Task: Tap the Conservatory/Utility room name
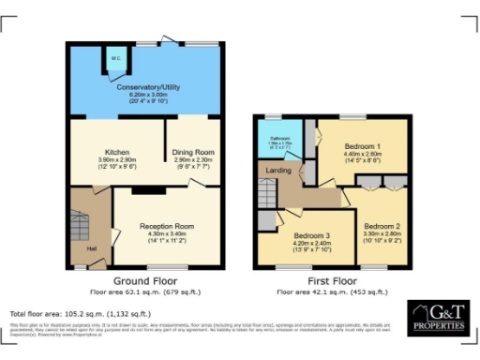(147, 87)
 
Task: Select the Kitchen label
(116, 152)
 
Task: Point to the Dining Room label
(194, 152)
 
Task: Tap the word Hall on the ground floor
(92, 247)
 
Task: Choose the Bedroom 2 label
(382, 227)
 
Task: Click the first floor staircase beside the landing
(268, 194)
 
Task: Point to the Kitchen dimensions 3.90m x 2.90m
(116, 159)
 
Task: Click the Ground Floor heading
(148, 280)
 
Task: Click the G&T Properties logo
(437, 317)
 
